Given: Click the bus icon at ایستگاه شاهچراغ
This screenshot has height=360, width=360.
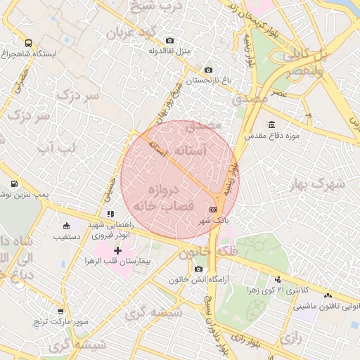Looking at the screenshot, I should coord(28,43).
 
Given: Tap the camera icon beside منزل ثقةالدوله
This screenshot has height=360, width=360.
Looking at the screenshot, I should coord(169,41).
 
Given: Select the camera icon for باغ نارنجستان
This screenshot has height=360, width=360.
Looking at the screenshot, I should coord(208,70).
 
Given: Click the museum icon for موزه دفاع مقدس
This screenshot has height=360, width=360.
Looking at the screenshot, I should coord(271,124).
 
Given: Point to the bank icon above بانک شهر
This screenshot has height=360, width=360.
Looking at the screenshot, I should coord(213,210).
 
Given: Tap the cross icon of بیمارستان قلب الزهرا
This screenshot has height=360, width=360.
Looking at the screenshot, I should coord(117,250).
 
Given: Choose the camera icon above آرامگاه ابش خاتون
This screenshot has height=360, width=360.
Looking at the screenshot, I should coord(198,269).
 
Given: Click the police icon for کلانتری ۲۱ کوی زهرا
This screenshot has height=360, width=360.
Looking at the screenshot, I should coord(278,279).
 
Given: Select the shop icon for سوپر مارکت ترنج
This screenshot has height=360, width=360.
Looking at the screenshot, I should coord(60,311).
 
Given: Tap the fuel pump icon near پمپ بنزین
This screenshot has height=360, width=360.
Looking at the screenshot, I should coord(13,184).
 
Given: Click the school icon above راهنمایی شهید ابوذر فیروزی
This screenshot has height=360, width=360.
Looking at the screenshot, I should coord(110,213).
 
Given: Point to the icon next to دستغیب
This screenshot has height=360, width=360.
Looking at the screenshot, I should coord(66,226).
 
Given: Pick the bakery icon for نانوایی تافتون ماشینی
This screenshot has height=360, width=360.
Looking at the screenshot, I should coord(330,296).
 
